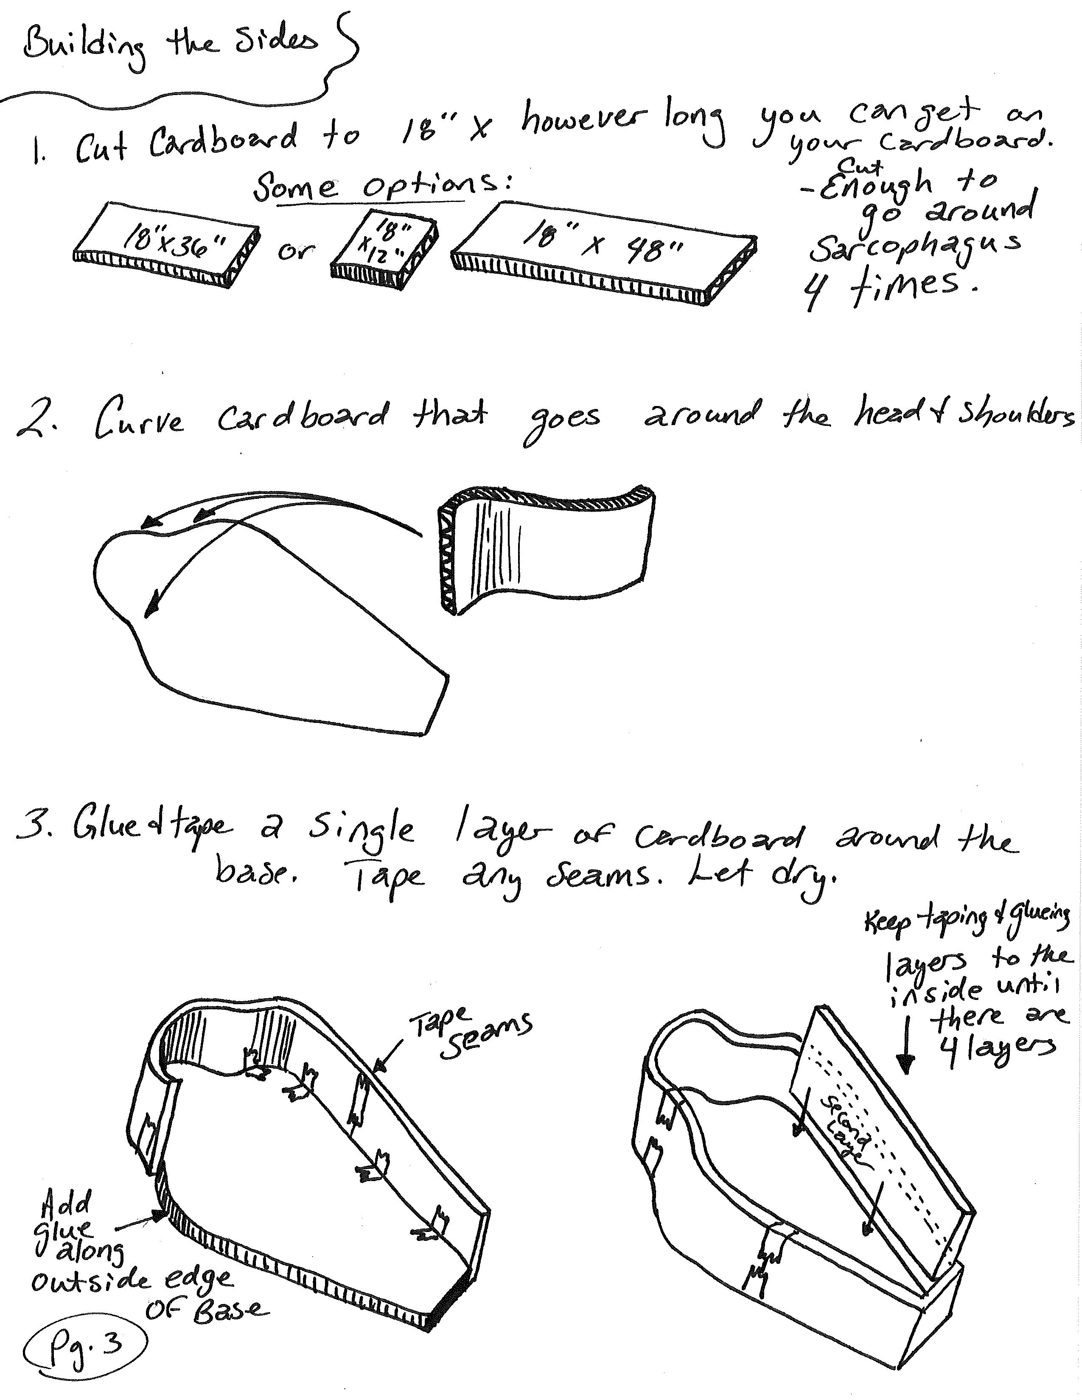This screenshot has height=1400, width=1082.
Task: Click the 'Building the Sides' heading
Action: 170,45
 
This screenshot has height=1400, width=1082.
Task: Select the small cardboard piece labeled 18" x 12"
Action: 384,247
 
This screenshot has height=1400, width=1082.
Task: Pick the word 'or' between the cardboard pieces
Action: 295,250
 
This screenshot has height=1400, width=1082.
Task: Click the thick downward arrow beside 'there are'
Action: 905,1051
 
